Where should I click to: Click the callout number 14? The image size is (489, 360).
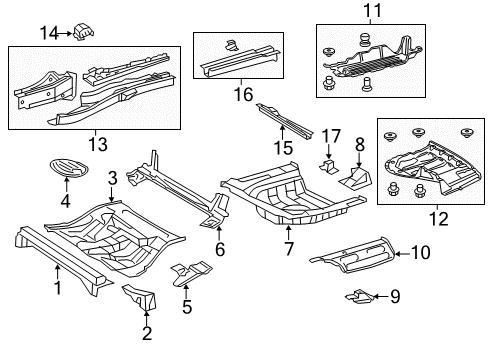[x=49, y=33]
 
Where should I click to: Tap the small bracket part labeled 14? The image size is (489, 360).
[x=83, y=31]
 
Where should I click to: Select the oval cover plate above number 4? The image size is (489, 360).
[x=69, y=167]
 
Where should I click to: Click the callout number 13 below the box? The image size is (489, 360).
[x=98, y=144]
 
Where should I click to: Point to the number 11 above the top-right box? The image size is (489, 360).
[x=372, y=11]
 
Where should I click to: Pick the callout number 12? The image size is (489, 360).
[x=439, y=219]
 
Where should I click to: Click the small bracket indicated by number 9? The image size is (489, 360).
[x=359, y=297]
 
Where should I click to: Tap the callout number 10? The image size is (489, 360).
[x=421, y=252]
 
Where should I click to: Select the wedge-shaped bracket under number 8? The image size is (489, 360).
[x=355, y=179]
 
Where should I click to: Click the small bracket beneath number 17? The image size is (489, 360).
[x=329, y=167]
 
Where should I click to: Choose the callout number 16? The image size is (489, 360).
[x=243, y=94]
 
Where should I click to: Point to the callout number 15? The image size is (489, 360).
[x=283, y=148]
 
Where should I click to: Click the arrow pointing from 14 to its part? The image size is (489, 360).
[x=65, y=33]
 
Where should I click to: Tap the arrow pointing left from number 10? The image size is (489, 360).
[x=403, y=254]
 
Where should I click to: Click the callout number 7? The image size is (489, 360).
[x=289, y=249]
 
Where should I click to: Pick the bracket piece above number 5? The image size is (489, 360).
[x=191, y=273]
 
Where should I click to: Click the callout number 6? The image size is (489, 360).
[x=220, y=249]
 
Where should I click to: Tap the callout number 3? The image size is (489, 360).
[x=113, y=178]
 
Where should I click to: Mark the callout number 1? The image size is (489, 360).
[x=58, y=288]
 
